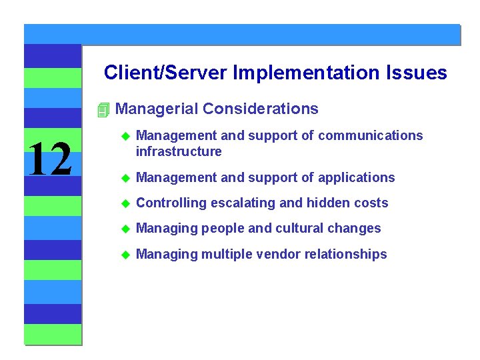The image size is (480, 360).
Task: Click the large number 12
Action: (50, 160)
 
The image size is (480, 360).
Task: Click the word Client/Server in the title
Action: (166, 73)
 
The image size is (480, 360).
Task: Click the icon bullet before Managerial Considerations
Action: (102, 109)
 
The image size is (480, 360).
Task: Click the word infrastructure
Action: (178, 151)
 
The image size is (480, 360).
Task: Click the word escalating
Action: (242, 203)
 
